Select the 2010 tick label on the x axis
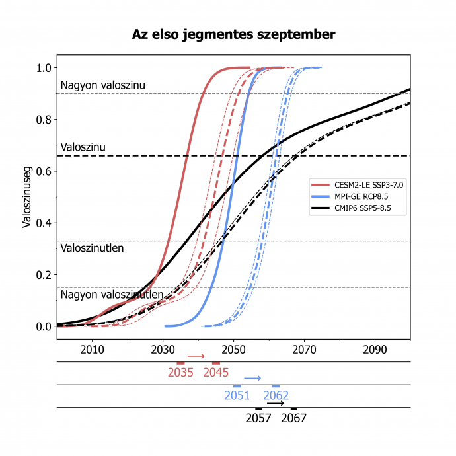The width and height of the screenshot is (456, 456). [92, 349]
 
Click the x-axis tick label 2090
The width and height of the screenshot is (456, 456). [375, 349]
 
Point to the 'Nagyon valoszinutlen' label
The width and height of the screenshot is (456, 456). [112, 295]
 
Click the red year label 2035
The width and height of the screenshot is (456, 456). [180, 373]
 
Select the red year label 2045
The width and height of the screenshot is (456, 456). [216, 373]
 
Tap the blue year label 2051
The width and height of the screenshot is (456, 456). [237, 396]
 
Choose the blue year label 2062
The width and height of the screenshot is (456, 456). [276, 396]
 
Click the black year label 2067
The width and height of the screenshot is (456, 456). [294, 418]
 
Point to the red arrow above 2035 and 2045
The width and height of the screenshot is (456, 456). [197, 356]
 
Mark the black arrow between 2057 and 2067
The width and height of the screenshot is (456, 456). [276, 403]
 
